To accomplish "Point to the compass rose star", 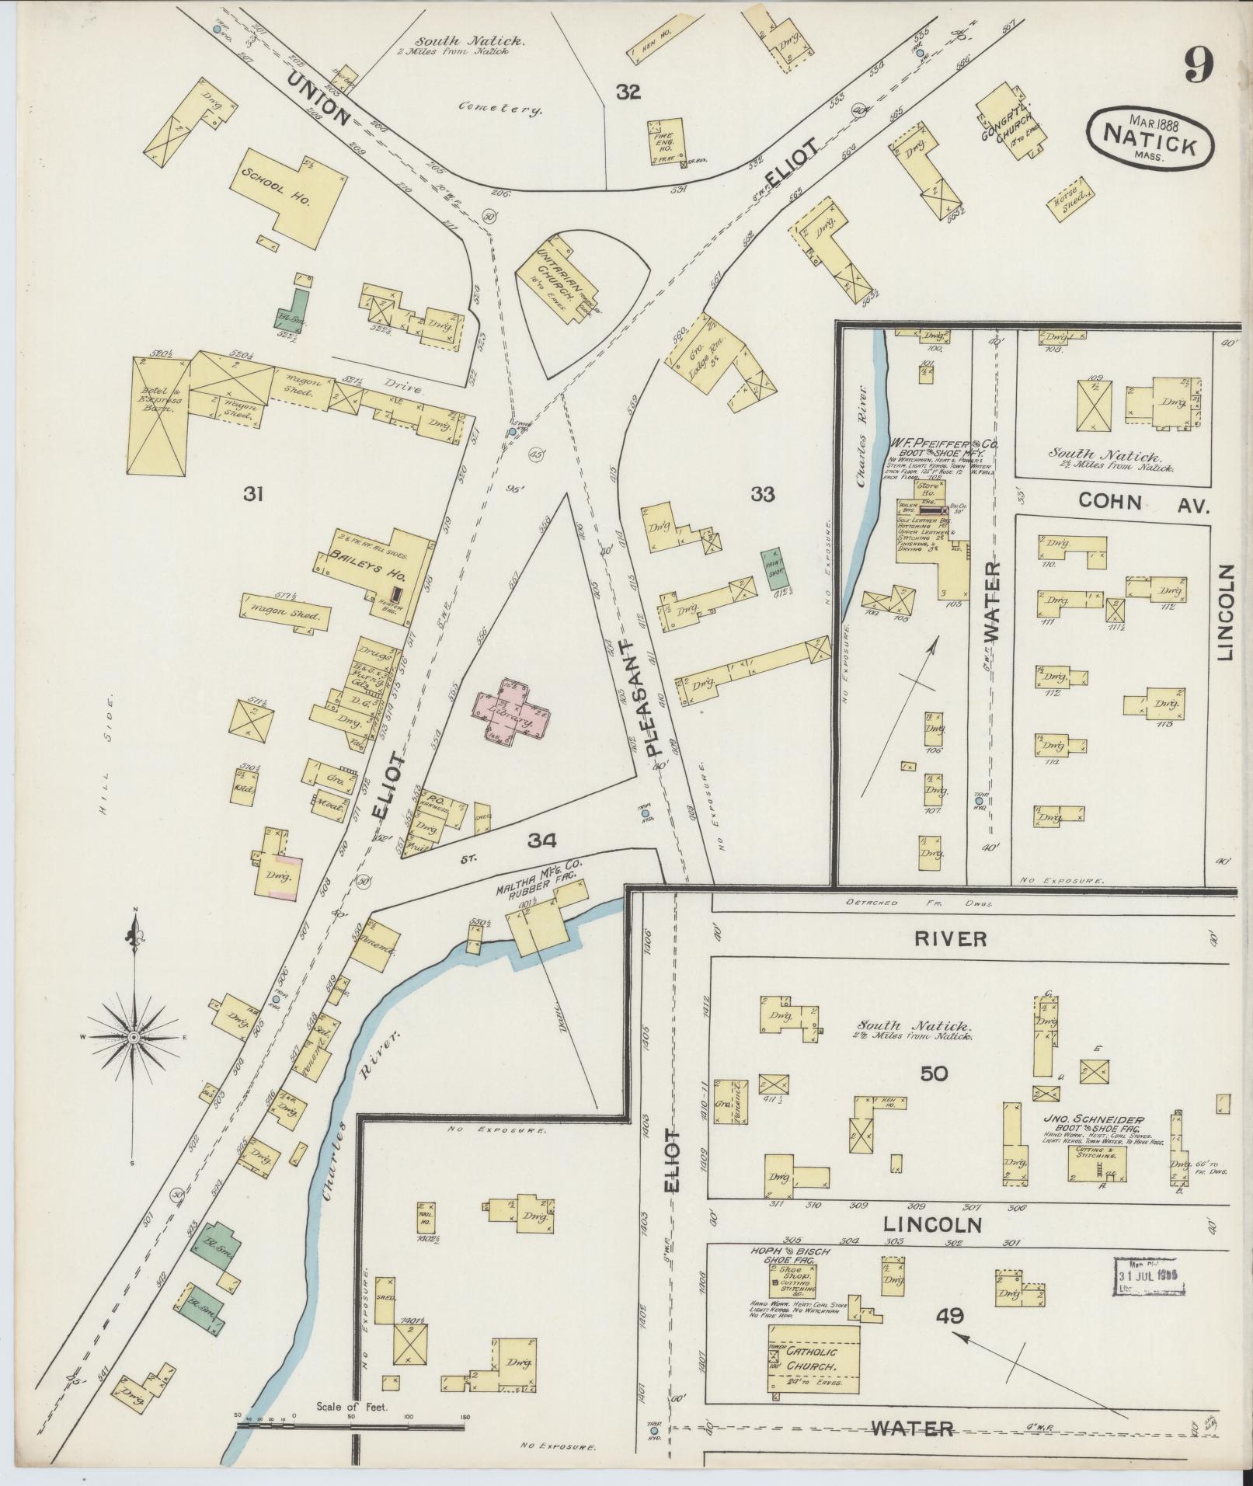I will [x=134, y=1037].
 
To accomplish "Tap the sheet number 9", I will [x=1199, y=65].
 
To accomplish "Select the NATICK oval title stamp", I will [x=1152, y=137].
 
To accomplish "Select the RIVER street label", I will [x=950, y=938].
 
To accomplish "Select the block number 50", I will [x=935, y=1074].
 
